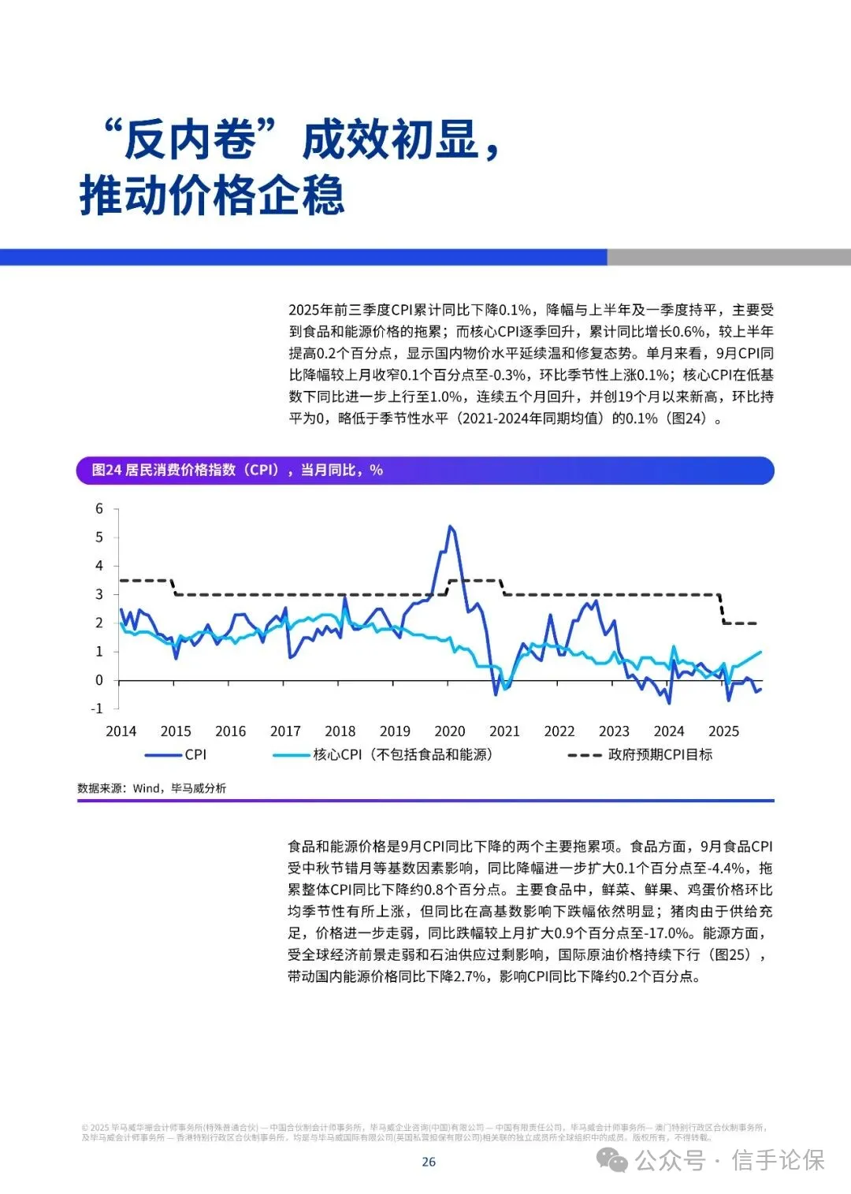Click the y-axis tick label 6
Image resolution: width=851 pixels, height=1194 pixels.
(99, 509)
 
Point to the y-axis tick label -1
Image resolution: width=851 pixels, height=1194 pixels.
(97, 709)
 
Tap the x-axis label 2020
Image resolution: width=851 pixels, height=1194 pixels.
(449, 731)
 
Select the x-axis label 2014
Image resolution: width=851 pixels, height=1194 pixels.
(121, 731)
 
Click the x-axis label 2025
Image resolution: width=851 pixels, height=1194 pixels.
(723, 731)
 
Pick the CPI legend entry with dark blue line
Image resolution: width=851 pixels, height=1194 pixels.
(176, 755)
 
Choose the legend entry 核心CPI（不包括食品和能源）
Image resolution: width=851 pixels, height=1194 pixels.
(383, 755)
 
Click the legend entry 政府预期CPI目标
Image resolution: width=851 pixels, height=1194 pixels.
(640, 755)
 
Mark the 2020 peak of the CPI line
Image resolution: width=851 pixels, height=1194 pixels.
(450, 526)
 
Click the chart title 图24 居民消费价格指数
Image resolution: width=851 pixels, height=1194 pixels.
(236, 471)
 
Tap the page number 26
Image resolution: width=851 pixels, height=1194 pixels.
(429, 1162)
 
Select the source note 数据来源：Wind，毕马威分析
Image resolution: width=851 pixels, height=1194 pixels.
(151, 788)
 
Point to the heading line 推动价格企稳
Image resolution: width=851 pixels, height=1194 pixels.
(212, 195)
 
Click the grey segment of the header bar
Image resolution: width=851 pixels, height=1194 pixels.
(728, 258)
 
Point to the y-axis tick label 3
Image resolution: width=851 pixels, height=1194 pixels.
(99, 594)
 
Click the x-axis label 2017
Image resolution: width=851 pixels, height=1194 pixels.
(285, 731)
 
